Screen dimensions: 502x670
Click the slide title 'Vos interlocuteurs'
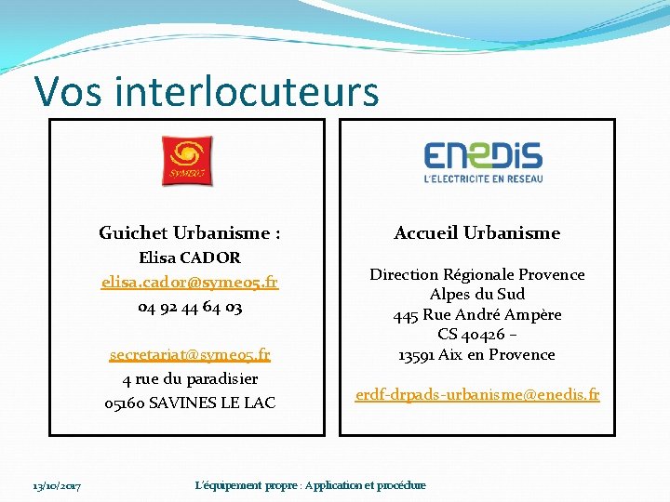click(x=206, y=92)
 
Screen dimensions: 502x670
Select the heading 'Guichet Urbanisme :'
click(x=190, y=233)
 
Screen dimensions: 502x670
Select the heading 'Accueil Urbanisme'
click(x=476, y=233)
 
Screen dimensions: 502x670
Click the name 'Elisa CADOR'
click(x=190, y=258)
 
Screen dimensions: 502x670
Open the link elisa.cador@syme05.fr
click(x=190, y=282)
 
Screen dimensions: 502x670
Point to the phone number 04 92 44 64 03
click(x=190, y=306)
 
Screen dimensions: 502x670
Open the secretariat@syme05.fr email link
click(x=190, y=354)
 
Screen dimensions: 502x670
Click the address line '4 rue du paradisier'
click(x=190, y=378)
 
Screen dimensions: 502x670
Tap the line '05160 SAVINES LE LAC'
click(x=190, y=403)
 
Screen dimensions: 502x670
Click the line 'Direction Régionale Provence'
click(x=476, y=274)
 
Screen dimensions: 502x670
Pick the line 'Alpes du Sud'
click(x=476, y=294)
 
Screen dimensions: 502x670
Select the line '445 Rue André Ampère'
click(x=476, y=314)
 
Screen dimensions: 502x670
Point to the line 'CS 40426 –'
click(x=476, y=335)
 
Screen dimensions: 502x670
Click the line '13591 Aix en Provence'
click(x=476, y=354)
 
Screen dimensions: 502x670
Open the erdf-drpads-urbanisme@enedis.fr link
click(x=476, y=395)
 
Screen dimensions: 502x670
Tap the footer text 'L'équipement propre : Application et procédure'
click(x=311, y=485)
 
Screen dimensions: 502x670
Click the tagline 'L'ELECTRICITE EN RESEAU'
click(x=483, y=178)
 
